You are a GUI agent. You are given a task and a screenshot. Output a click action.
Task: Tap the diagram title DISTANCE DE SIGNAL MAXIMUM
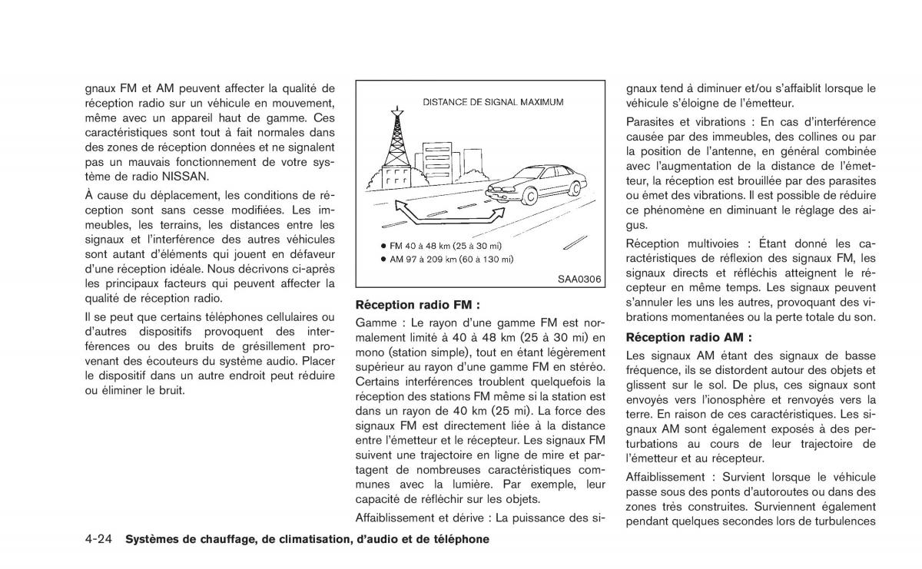pos(493,101)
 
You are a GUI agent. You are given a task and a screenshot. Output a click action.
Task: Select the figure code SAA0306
pos(579,280)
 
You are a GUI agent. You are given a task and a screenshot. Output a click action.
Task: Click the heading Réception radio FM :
pos(418,304)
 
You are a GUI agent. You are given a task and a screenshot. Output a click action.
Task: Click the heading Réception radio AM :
pos(688,337)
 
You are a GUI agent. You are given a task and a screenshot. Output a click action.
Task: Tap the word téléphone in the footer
pos(459,539)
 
